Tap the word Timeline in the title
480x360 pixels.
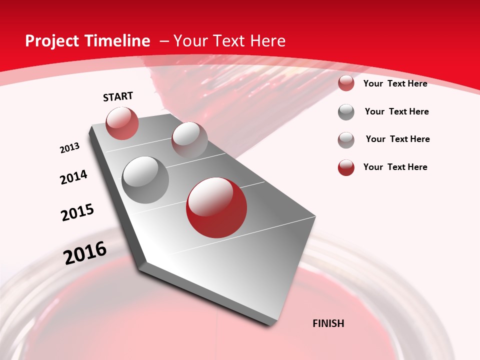pos(114,41)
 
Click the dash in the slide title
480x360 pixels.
pos(164,41)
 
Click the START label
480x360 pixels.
pos(118,96)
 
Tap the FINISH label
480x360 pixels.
pos(328,323)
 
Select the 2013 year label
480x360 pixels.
pos(69,148)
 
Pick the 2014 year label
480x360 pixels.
pos(73,177)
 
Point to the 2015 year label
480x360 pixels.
pos(77,212)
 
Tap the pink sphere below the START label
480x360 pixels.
pos(122,123)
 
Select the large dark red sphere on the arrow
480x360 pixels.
pos(216,207)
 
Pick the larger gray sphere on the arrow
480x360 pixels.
pos(145,180)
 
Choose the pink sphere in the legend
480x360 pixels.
pos(346,83)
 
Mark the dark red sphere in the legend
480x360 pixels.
pos(346,167)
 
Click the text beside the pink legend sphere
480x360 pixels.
pos(395,83)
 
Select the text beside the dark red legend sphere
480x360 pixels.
pos(395,167)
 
